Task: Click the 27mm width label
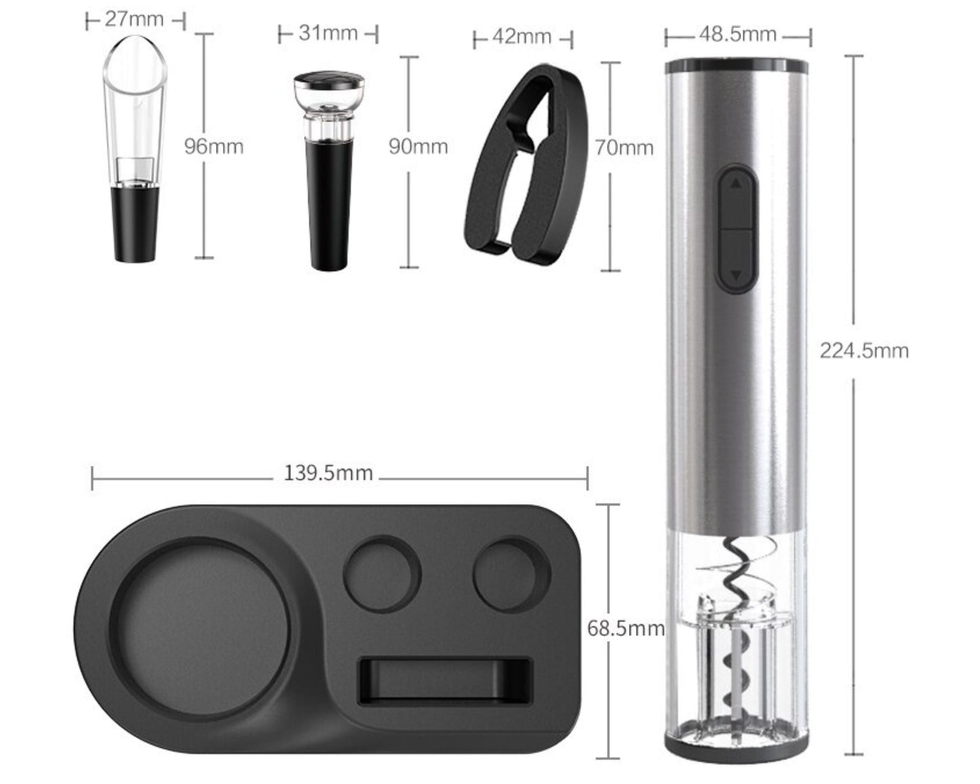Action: (x=134, y=19)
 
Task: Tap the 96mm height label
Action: (x=214, y=146)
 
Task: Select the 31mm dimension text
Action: (x=328, y=33)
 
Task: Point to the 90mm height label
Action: (x=418, y=146)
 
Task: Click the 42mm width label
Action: (x=522, y=36)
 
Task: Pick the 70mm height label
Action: (x=624, y=147)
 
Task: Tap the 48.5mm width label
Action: (x=738, y=35)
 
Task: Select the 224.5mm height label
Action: (x=864, y=351)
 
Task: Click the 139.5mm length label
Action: (x=328, y=473)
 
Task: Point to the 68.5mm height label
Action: (x=625, y=629)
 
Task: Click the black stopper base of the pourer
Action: (x=135, y=224)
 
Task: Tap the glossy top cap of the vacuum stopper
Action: (x=328, y=87)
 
